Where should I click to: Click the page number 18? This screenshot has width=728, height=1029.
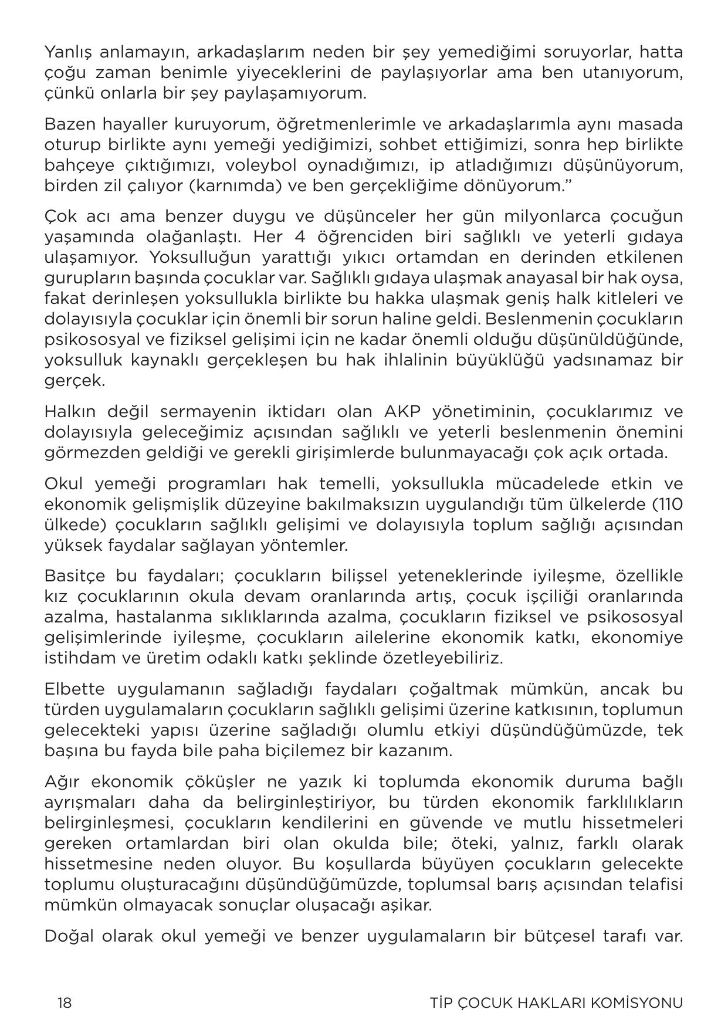click(x=64, y=1003)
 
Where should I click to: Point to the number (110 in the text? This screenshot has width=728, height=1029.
click(x=668, y=505)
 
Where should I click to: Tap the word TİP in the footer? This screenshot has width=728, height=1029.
click(x=438, y=1003)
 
